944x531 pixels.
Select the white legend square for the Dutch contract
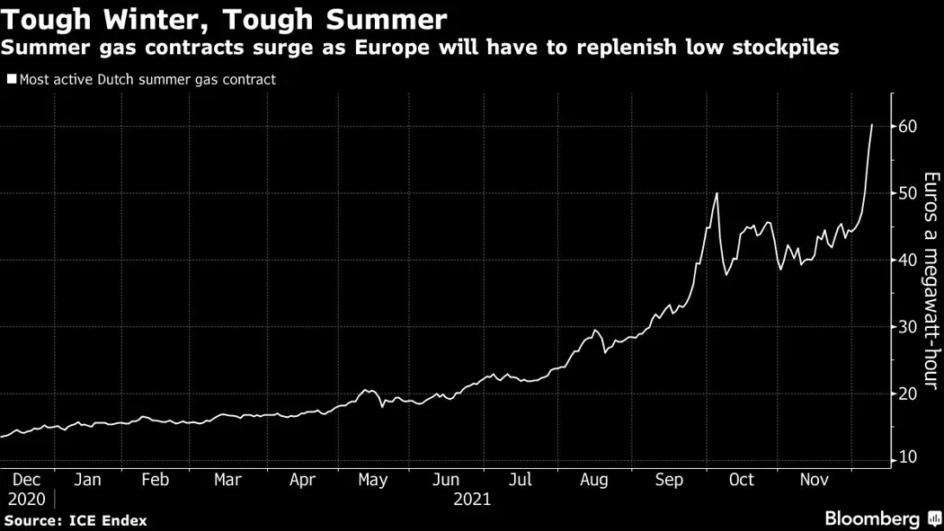tap(11, 79)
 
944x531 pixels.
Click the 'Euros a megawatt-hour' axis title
tap(931, 280)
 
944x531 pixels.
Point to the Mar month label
tap(227, 480)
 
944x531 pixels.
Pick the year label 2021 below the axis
tap(472, 499)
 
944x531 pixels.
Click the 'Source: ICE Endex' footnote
tap(76, 520)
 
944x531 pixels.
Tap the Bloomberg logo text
tap(872, 519)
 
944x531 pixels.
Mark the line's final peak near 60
tap(871, 125)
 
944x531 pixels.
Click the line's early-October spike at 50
tap(717, 193)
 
